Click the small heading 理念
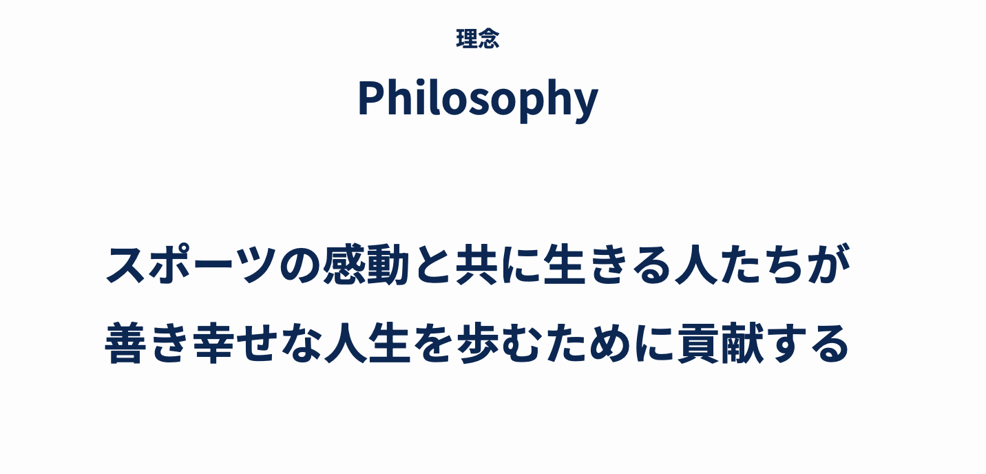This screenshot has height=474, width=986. click(x=478, y=39)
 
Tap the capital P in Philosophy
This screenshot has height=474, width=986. click(x=370, y=98)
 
